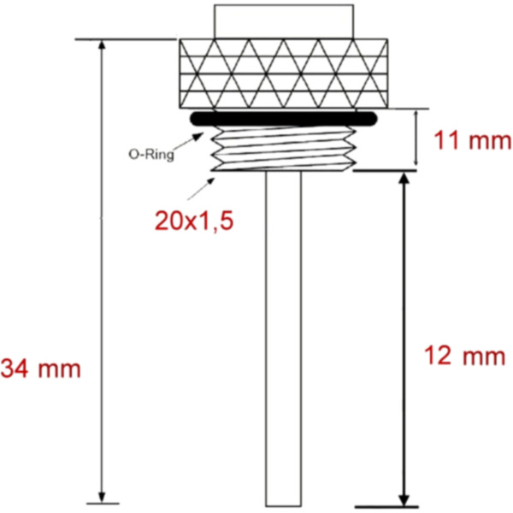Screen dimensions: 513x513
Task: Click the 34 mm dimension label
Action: point(40,369)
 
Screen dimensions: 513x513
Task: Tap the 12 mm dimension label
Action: point(465,356)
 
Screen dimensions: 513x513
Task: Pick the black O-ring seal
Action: point(282,119)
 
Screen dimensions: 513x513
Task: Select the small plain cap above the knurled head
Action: point(282,20)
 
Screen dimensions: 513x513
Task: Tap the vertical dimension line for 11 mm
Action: point(416,139)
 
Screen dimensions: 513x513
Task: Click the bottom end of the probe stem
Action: point(283,502)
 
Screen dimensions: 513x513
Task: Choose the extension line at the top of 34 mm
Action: point(128,39)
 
